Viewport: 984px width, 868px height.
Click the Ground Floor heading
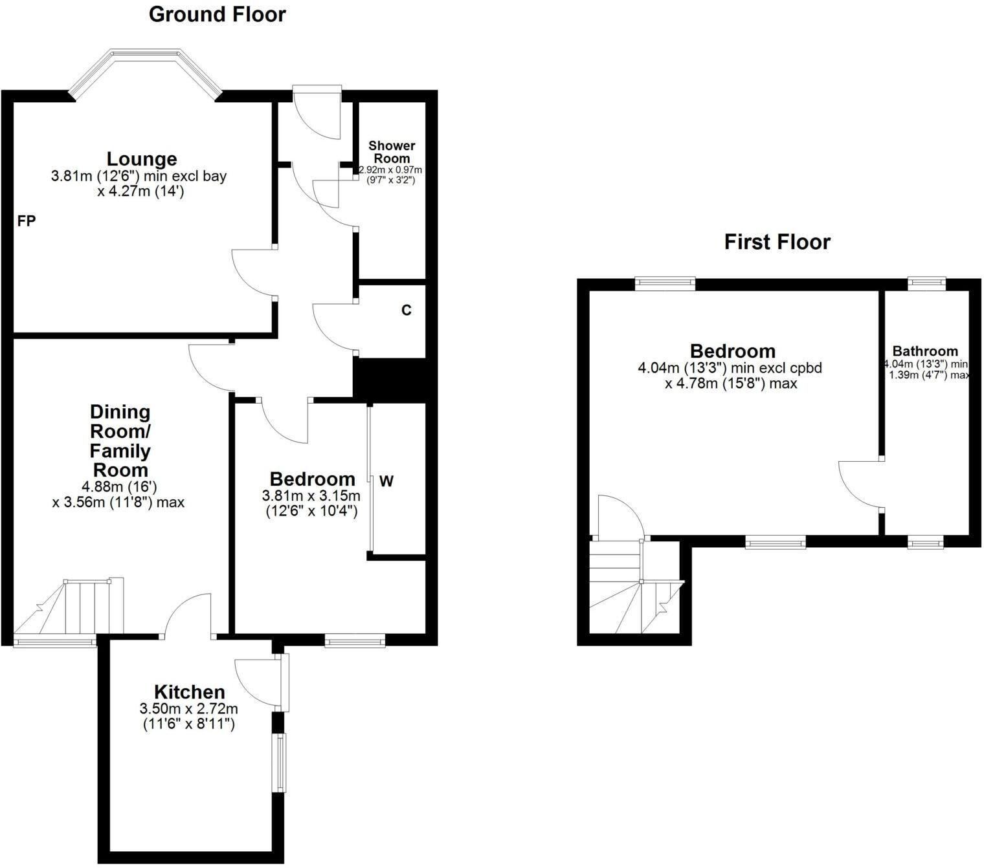tap(217, 14)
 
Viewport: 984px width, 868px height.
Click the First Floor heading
tap(777, 242)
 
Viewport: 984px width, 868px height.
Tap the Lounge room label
tap(141, 158)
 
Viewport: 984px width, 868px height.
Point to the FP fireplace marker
tap(27, 221)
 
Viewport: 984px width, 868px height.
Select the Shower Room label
tap(392, 152)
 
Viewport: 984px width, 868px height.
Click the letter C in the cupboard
tap(406, 310)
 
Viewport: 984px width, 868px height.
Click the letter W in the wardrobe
tap(386, 481)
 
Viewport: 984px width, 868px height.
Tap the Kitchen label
tap(189, 691)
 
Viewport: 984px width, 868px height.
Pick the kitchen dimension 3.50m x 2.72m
tap(189, 708)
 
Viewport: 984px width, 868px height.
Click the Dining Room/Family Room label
tap(120, 440)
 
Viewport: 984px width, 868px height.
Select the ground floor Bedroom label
tap(312, 479)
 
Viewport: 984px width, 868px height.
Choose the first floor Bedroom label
tap(732, 351)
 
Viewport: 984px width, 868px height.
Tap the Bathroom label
tap(924, 351)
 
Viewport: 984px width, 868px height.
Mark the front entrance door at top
tap(317, 113)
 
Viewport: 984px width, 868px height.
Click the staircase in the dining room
tap(71, 608)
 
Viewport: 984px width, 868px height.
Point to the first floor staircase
tap(634, 589)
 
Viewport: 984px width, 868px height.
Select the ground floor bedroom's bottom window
tap(355, 641)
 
